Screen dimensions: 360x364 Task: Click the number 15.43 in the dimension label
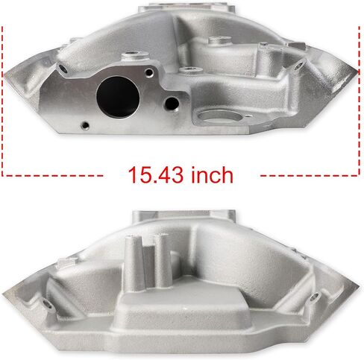tap(154, 176)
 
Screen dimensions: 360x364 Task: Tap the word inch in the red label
tap(210, 176)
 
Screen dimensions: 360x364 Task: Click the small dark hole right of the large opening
tap(173, 102)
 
